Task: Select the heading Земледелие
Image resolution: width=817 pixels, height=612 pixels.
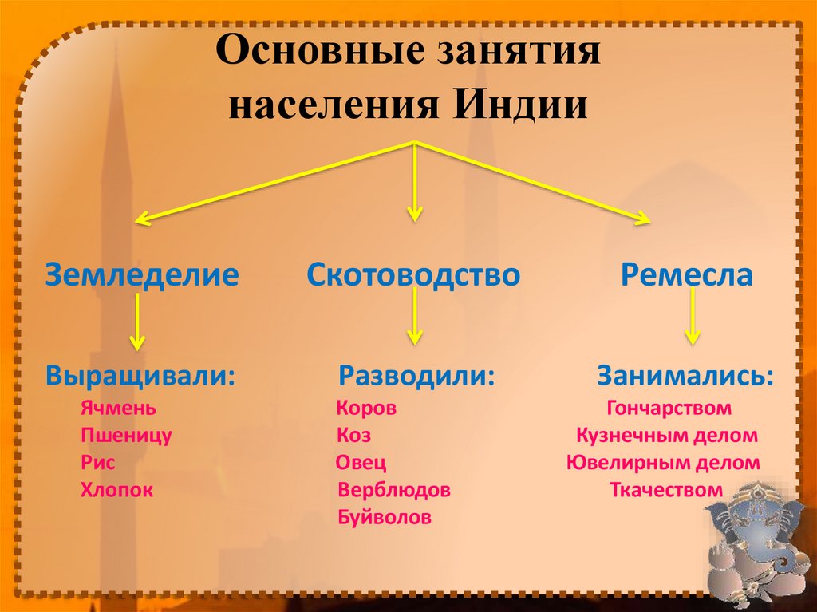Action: tap(142, 275)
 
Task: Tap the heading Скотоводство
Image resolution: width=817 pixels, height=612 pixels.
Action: tap(413, 275)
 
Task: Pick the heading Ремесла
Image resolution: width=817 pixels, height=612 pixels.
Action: tap(687, 275)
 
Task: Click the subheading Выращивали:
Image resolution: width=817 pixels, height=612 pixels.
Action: tap(140, 375)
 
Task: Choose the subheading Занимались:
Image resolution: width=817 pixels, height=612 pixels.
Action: tap(685, 375)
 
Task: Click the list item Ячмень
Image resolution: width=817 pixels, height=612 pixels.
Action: tap(118, 409)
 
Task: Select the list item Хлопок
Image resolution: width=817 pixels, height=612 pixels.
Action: tap(116, 490)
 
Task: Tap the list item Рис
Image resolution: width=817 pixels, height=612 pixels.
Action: tap(98, 463)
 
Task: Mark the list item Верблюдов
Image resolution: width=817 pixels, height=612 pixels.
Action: tap(394, 490)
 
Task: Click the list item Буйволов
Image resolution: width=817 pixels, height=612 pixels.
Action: tap(385, 517)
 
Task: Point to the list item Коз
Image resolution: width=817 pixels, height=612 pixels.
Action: tap(353, 436)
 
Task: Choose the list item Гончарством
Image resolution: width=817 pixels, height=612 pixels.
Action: tap(669, 409)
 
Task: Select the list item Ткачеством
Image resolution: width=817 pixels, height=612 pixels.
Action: tap(666, 490)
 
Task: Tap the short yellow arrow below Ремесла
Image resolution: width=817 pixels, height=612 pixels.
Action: tap(692, 318)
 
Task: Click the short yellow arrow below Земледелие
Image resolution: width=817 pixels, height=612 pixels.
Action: tap(138, 321)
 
